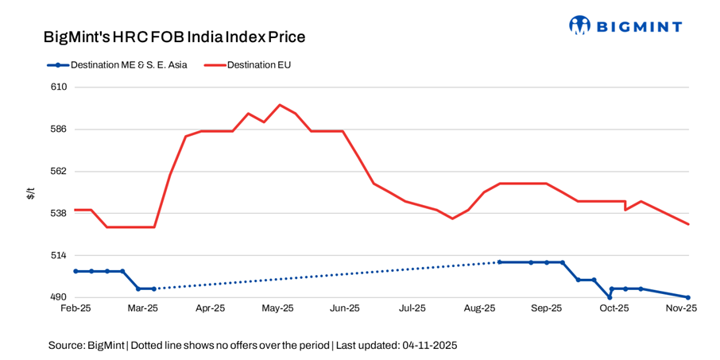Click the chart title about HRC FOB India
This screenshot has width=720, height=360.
point(174,37)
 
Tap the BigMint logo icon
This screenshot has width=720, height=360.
point(580,25)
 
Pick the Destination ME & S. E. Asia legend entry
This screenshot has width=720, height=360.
point(127,65)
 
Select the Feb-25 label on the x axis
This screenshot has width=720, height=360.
point(75,308)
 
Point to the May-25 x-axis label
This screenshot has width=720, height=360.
point(278,308)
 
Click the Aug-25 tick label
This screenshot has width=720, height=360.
point(480,308)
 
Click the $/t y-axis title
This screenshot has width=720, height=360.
point(30,192)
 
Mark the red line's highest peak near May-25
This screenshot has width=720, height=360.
point(279,105)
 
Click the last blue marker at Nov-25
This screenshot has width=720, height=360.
point(688,297)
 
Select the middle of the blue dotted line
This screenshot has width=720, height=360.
point(326,275)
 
